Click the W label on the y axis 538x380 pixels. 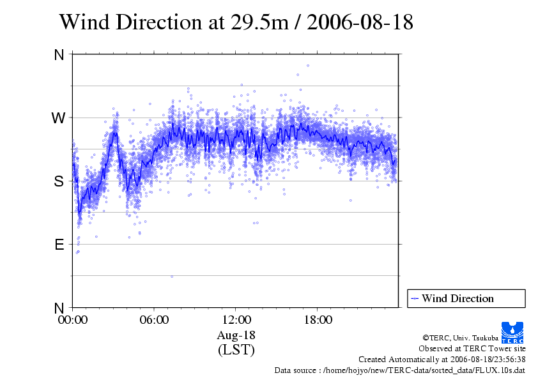[59, 118]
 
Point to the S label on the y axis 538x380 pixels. [59, 181]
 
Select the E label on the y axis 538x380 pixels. [59, 245]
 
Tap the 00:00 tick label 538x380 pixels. [72, 320]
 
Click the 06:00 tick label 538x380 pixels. [154, 320]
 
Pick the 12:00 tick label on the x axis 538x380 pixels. [236, 320]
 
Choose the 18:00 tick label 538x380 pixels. [318, 320]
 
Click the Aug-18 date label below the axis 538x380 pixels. [236, 335]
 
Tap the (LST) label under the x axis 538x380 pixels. [236, 350]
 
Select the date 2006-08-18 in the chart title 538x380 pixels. [360, 22]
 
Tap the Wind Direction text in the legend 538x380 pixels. [457, 298]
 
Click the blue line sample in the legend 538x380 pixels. [415, 298]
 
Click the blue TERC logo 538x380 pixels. [512, 332]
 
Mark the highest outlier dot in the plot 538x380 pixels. [308, 65]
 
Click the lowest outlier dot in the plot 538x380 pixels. [172, 277]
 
